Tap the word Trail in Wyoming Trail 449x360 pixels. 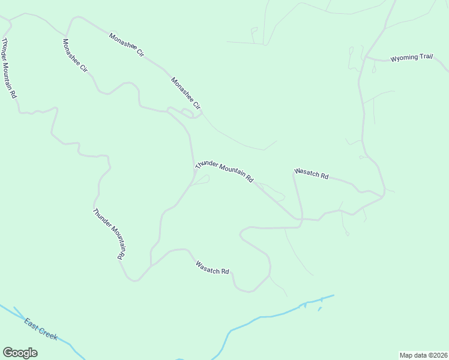[x=426, y=57]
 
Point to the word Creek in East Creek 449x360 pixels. [x=47, y=334]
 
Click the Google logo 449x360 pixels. [x=20, y=353]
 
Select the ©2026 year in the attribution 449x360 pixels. [x=438, y=355]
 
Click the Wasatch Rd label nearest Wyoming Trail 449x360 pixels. [x=312, y=174]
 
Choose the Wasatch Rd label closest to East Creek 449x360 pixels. [x=212, y=267]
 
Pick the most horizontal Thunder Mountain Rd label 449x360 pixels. [x=224, y=171]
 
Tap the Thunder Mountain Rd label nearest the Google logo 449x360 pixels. [x=109, y=234]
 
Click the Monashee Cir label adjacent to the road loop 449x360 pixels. [x=185, y=94]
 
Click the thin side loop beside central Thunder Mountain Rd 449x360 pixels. [x=202, y=180]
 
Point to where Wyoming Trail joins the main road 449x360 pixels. [x=366, y=58]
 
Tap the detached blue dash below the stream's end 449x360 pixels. [x=319, y=309]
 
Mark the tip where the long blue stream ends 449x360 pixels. [x=333, y=295]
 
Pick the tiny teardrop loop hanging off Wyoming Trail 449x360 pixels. [x=373, y=70]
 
